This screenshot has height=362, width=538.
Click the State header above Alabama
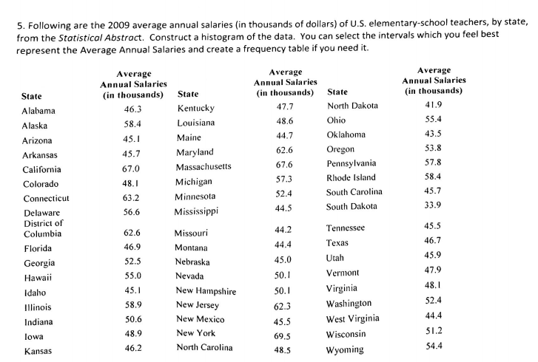(32, 96)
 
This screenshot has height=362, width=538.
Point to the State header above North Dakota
(337, 92)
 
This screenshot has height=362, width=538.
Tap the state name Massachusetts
(204, 166)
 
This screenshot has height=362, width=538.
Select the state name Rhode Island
(351, 177)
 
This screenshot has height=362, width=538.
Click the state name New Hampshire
(206, 291)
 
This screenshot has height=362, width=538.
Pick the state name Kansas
(36, 351)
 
